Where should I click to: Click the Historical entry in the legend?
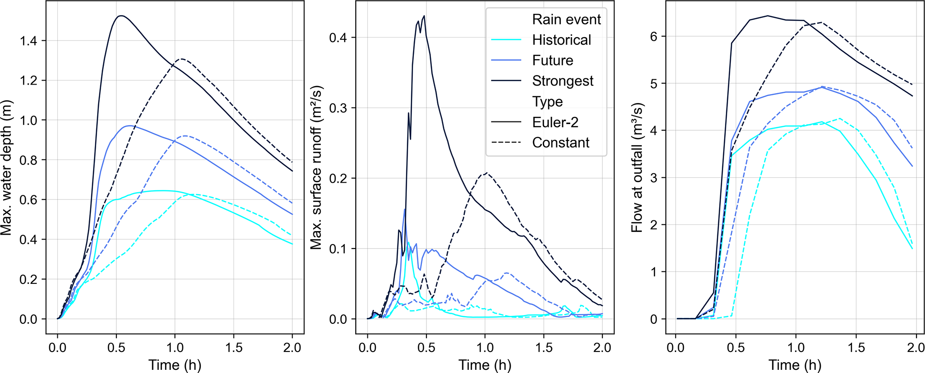(x=561, y=40)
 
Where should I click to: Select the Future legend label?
(x=552, y=60)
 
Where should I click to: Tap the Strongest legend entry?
(x=563, y=81)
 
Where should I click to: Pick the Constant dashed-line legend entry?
(x=560, y=143)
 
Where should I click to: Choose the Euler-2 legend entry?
(x=555, y=122)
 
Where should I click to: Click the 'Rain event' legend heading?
(x=566, y=19)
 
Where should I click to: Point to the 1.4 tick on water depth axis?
(x=29, y=41)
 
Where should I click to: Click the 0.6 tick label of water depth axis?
(x=29, y=200)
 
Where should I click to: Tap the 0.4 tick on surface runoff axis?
(x=338, y=38)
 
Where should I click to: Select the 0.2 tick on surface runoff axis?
(x=338, y=179)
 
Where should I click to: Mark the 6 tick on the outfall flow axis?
(x=654, y=37)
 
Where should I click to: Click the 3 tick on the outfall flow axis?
(x=654, y=178)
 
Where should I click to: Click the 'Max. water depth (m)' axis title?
(x=6, y=168)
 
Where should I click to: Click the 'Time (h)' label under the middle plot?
(x=485, y=365)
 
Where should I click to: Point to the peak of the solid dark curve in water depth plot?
(x=120, y=16)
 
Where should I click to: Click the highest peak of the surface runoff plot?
(x=424, y=16)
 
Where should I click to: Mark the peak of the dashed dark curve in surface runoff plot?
(x=486, y=173)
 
